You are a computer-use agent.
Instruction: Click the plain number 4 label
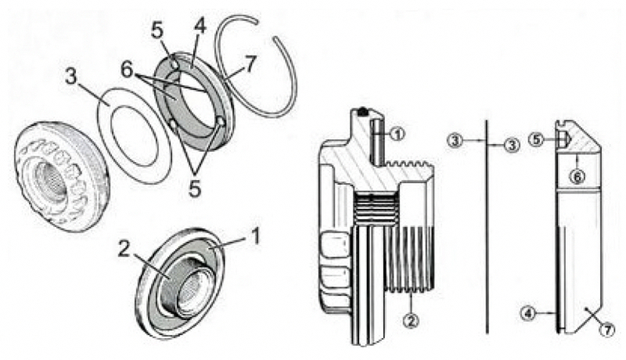point(200,27)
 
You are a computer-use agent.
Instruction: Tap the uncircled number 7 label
point(250,64)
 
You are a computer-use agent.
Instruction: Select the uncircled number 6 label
point(127,70)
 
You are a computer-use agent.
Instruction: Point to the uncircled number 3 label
point(71,77)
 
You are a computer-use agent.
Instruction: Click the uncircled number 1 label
point(256,236)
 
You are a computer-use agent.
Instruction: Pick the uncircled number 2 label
point(124,250)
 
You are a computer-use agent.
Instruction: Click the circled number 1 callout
point(398,135)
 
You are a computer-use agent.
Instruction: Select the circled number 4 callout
point(528,314)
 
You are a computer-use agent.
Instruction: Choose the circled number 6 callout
point(577,176)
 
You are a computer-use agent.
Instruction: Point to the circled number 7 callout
point(608,330)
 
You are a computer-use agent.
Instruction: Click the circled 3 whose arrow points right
point(455,141)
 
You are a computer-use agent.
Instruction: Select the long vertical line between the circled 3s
point(487,226)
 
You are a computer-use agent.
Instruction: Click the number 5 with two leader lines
point(194,189)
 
